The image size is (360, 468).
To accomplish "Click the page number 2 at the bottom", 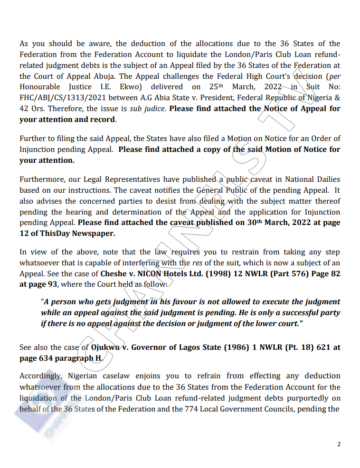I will (x=339, y=444).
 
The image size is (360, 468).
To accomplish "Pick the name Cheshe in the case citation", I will (x=114, y=274).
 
